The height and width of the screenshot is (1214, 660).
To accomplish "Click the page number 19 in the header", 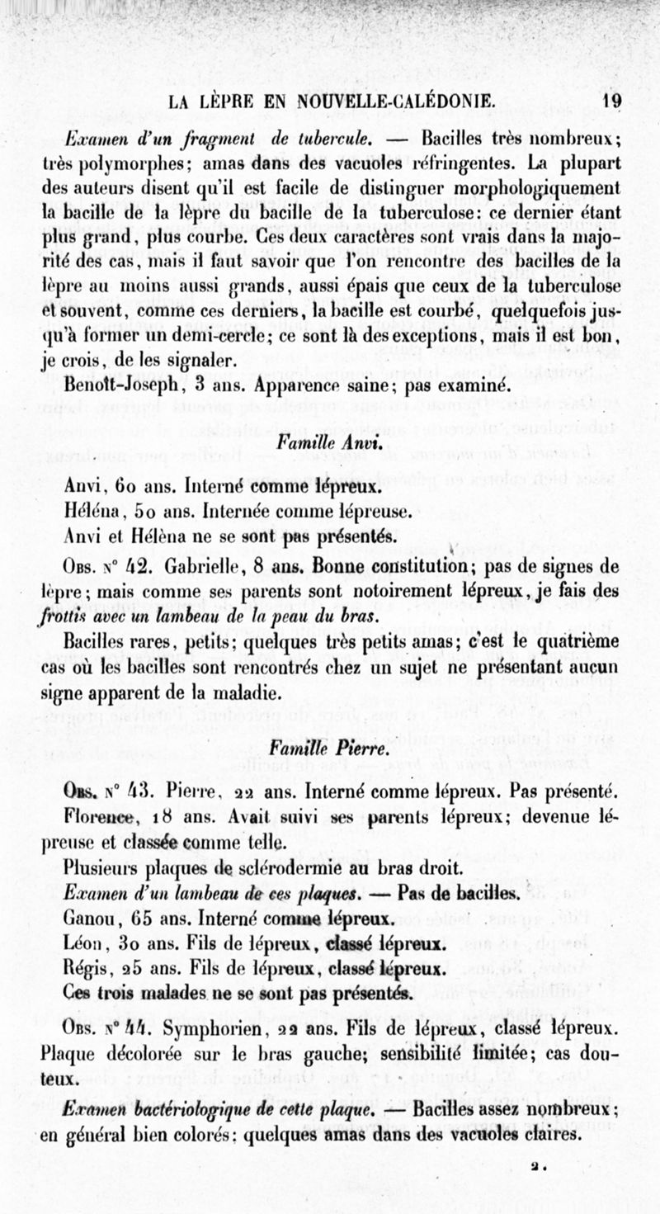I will (x=611, y=102).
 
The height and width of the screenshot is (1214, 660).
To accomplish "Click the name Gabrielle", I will (x=202, y=568).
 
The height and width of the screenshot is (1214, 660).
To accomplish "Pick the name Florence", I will (x=97, y=817).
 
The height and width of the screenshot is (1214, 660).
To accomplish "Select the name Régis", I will (x=88, y=966).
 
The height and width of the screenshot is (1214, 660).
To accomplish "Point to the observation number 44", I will (x=137, y=1029).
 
